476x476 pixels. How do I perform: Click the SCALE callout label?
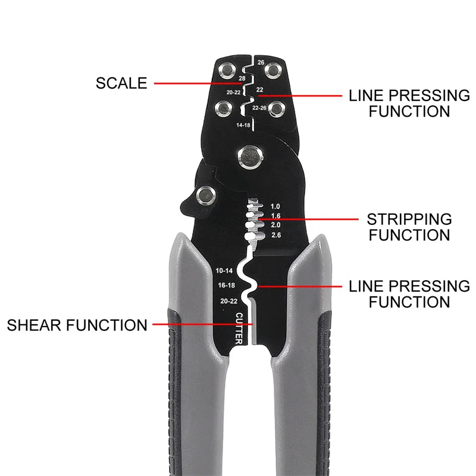(x=121, y=83)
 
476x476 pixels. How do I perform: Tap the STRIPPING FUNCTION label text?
(x=409, y=227)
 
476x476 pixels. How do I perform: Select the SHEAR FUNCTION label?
(x=77, y=325)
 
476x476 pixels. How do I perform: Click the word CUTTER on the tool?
(x=239, y=328)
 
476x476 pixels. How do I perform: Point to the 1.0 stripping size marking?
(x=275, y=206)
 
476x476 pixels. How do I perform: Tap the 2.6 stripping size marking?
(x=276, y=235)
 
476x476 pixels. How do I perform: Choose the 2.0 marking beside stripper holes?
(x=275, y=225)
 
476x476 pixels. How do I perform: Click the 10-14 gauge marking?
(x=224, y=271)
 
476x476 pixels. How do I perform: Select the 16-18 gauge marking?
(x=227, y=285)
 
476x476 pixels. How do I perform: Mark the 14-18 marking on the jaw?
(x=243, y=125)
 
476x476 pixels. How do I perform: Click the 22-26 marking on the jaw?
(x=259, y=108)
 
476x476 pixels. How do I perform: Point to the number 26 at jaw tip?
(x=261, y=62)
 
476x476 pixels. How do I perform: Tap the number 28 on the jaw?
(x=242, y=79)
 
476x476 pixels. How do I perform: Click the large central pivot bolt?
(x=250, y=158)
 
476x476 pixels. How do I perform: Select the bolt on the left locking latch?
(x=206, y=195)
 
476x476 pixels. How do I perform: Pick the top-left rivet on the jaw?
(x=227, y=71)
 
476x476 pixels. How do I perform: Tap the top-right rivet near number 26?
(x=274, y=71)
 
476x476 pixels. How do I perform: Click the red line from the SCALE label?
(x=198, y=83)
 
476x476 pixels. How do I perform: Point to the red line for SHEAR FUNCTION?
(x=202, y=324)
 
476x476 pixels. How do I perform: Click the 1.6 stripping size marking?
(x=275, y=216)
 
